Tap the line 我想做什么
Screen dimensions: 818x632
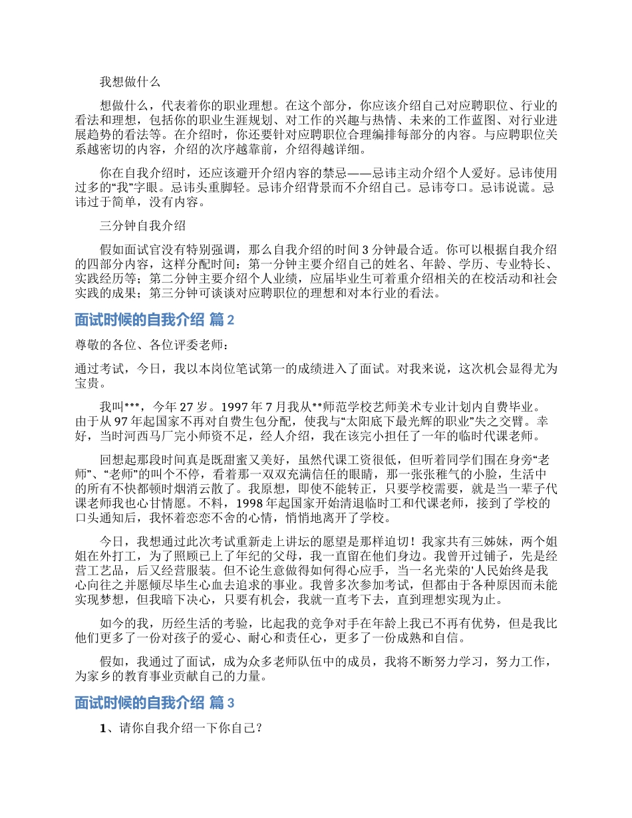(130, 82)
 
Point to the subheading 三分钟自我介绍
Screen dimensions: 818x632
(142, 225)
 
